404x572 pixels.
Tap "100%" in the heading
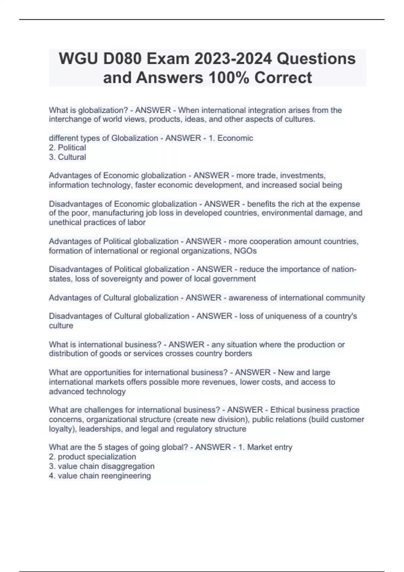[229, 78]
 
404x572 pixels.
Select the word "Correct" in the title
[283, 78]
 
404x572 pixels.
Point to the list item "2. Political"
[67, 148]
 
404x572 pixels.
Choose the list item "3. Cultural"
[67, 157]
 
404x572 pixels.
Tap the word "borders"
[239, 354]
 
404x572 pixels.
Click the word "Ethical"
[284, 410]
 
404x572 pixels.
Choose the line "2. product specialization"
[93, 457]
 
